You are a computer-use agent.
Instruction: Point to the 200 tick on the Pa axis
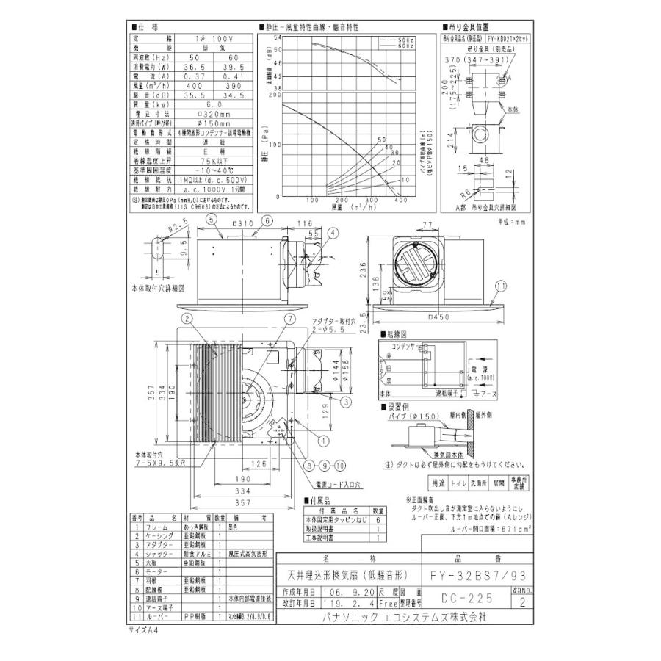pos(277,93)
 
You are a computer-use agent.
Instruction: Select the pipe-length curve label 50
pos(381,139)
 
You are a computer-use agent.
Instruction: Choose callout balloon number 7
pos(289,319)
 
